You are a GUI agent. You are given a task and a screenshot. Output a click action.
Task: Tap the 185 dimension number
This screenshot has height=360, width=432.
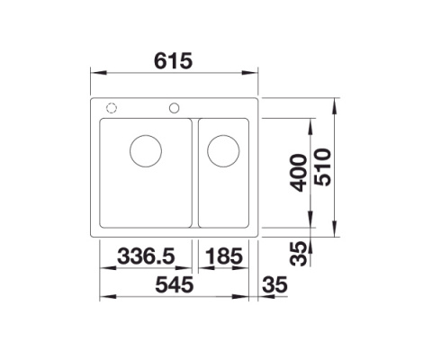[224, 257]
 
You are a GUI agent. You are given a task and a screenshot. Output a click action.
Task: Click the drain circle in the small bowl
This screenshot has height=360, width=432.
[221, 150]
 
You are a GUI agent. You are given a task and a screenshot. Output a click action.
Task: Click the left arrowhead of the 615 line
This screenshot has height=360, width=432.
[97, 75]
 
